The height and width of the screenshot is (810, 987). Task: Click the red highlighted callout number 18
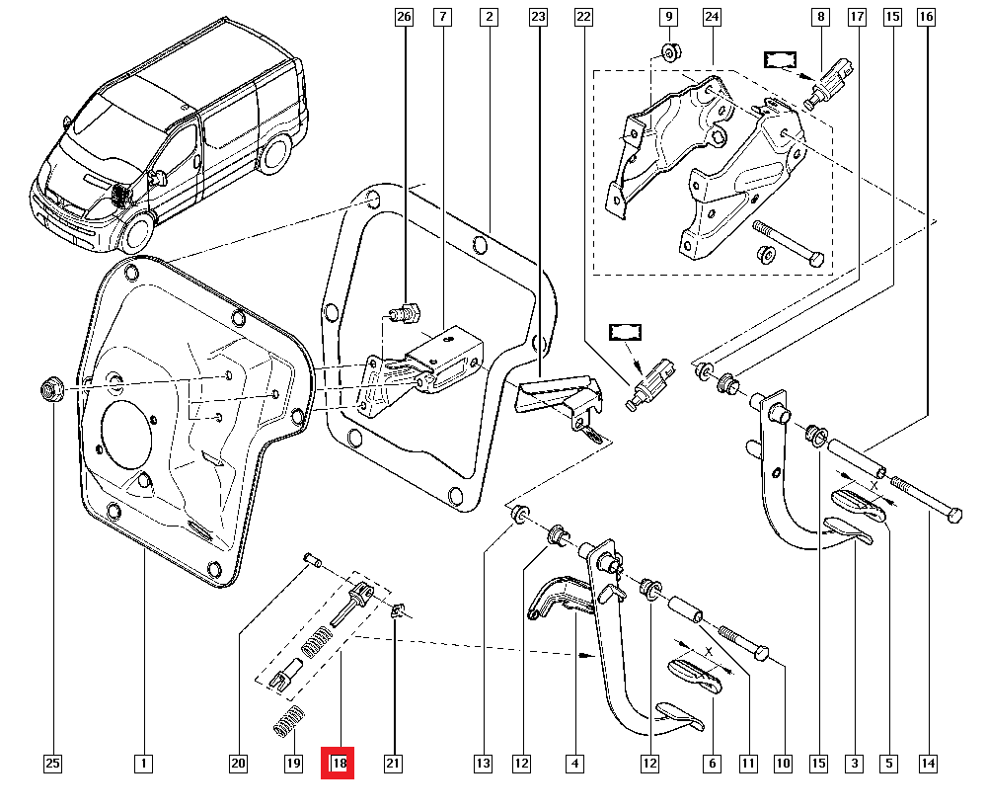pyautogui.click(x=340, y=764)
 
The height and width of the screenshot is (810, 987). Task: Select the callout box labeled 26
pyautogui.click(x=402, y=17)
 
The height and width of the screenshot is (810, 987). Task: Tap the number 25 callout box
pyautogui.click(x=52, y=764)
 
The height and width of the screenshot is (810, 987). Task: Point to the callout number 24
pyautogui.click(x=712, y=17)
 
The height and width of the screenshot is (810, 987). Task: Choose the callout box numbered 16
pyautogui.click(x=925, y=17)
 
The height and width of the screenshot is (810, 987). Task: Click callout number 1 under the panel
pyautogui.click(x=143, y=764)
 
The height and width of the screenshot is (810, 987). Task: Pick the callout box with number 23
pyautogui.click(x=538, y=17)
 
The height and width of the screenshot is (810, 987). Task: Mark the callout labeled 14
pyautogui.click(x=928, y=764)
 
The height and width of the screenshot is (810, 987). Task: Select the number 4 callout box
pyautogui.click(x=574, y=764)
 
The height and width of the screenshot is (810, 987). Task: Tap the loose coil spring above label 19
pyautogui.click(x=285, y=725)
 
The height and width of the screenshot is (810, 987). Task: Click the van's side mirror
pyautogui.click(x=157, y=178)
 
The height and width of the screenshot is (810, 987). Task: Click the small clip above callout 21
pyautogui.click(x=398, y=611)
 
